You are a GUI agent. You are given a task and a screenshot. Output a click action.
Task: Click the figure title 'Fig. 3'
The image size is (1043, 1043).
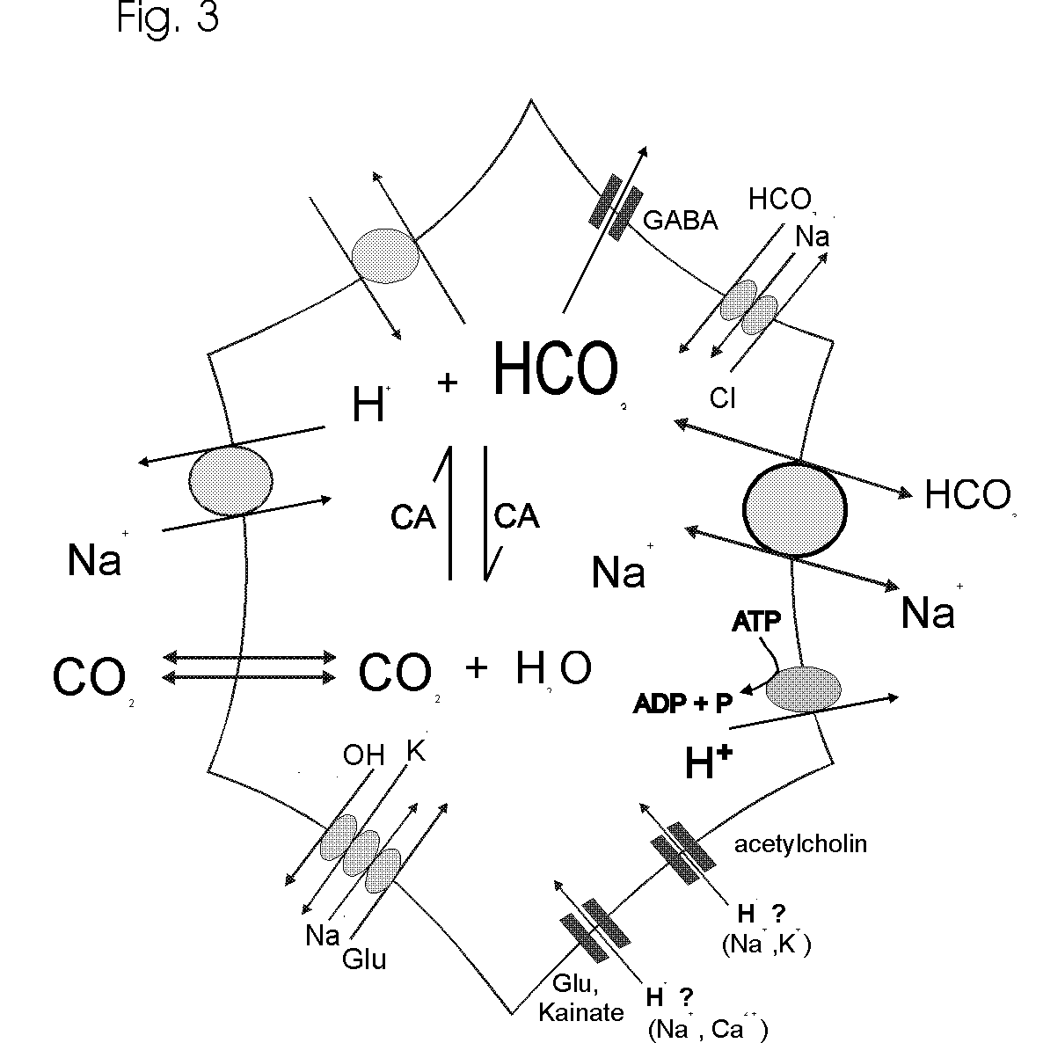pos(167,18)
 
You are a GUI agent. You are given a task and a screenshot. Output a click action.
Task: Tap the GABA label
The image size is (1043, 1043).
pos(681,220)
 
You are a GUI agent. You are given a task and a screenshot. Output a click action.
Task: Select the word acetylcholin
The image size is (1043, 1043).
pos(800,844)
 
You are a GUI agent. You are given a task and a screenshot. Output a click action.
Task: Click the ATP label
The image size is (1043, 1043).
pos(757,624)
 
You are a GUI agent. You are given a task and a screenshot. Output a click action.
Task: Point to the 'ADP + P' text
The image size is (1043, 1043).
pos(683,704)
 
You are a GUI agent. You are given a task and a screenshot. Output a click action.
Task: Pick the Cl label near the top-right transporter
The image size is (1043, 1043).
pos(722,398)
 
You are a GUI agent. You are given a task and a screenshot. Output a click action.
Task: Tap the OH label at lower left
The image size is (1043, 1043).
pos(363,755)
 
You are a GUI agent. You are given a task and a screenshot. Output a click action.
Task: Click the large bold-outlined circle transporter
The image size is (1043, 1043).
pos(795,508)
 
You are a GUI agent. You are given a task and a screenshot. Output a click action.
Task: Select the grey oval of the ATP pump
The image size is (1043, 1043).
pos(803,688)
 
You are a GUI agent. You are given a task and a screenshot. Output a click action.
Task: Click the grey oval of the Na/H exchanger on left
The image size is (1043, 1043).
pos(230,480)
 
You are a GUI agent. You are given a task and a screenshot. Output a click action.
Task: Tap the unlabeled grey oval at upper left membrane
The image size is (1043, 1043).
pos(384,256)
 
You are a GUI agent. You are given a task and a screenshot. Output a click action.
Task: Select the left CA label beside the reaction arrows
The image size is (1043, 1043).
pos(413,518)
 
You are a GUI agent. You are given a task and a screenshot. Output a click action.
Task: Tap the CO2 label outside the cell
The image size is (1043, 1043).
pos(88,677)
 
